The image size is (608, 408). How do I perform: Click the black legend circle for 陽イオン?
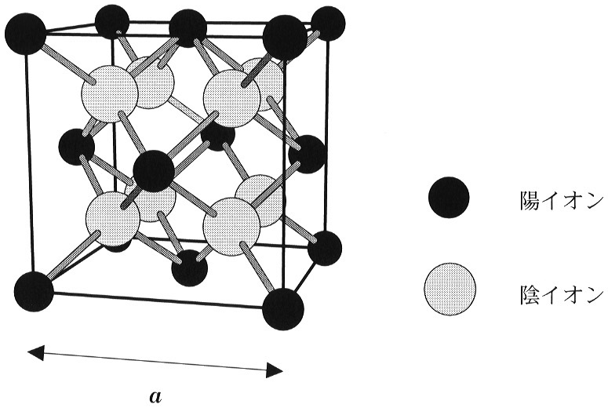click(449, 198)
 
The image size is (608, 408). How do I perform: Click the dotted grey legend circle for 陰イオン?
click(450, 289)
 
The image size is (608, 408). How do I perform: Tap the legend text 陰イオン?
click(562, 293)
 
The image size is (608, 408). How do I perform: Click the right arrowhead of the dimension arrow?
click(275, 370)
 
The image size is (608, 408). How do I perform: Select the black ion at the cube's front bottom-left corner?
click(34, 291)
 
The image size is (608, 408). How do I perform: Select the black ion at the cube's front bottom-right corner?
click(283, 309)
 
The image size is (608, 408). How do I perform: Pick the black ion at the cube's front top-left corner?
click(25, 34)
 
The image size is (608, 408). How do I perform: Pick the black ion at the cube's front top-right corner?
click(285, 37)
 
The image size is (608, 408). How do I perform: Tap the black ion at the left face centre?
click(77, 148)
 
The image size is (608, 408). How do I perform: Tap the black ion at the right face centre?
click(307, 154)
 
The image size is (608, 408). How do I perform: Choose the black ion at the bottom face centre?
click(190, 268)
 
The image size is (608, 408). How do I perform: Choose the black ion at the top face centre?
click(187, 28)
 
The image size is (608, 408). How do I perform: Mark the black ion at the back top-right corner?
click(328, 24)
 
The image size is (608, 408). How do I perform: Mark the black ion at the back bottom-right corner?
click(325, 248)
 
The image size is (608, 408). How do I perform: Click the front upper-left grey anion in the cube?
click(110, 94)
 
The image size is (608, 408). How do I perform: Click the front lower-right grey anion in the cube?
click(231, 226)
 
